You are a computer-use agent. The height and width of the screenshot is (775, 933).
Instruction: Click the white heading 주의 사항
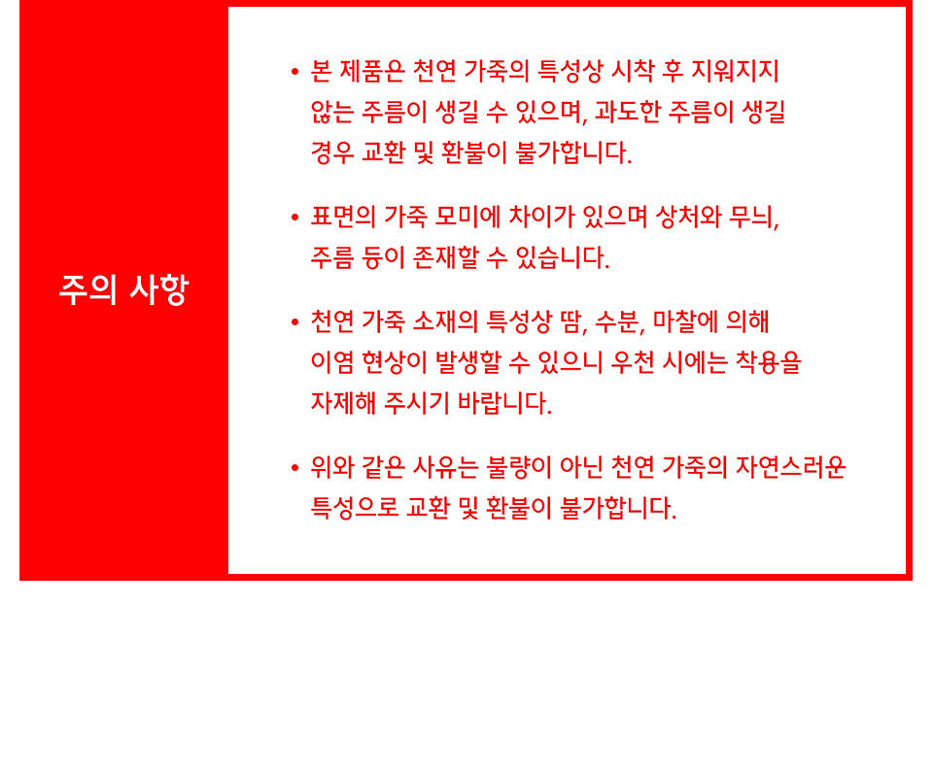click(123, 289)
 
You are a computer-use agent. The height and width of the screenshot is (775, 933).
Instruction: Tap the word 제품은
click(372, 71)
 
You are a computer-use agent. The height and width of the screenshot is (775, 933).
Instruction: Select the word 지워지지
click(735, 71)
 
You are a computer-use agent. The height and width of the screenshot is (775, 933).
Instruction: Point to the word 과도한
click(627, 112)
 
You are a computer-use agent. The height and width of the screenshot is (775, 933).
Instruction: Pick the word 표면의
click(343, 218)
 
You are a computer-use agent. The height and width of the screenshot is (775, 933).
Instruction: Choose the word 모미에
click(467, 218)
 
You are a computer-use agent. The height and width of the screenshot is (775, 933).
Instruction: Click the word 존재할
click(445, 257)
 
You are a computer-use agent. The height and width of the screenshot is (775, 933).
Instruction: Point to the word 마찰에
click(685, 321)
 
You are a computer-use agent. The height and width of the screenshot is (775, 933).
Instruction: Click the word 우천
click(632, 362)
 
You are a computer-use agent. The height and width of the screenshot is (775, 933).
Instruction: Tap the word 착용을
click(768, 362)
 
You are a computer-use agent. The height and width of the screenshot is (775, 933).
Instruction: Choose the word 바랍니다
click(504, 403)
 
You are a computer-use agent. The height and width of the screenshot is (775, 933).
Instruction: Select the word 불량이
click(519, 467)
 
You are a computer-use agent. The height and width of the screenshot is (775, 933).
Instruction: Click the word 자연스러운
click(790, 467)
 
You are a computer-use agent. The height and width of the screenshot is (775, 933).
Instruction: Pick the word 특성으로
click(355, 508)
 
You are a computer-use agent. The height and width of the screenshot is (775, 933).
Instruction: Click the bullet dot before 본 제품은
click(295, 73)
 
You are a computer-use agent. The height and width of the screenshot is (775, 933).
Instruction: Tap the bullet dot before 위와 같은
click(295, 468)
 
